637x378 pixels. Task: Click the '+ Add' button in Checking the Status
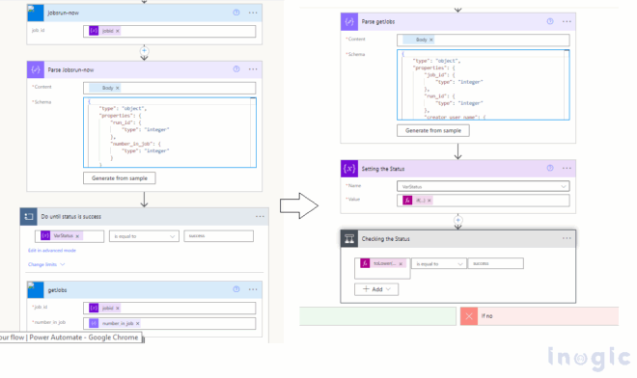[377, 288]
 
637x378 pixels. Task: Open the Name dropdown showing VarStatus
[482, 185]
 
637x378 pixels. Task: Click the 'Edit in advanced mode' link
[55, 251]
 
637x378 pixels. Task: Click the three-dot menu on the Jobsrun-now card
[254, 13]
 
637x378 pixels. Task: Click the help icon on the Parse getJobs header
[549, 20]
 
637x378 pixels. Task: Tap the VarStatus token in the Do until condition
[60, 234]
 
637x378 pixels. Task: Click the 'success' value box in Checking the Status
[497, 262]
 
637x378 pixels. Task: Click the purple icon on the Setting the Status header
[349, 168]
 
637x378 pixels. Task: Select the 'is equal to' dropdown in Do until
[145, 234]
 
